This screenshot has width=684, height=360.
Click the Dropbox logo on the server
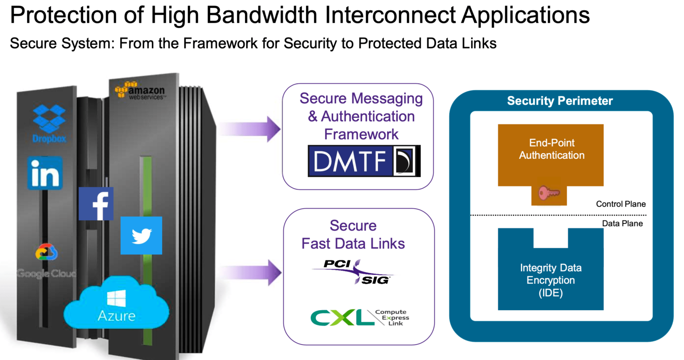49,123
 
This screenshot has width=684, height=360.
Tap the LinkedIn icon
45,173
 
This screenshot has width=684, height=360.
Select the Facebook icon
96,204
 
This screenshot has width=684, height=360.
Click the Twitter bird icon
141,235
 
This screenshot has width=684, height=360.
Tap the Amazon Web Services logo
140,90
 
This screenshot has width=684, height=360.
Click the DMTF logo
364,161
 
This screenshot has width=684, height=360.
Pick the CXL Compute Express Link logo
359,318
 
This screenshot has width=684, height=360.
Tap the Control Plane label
621,204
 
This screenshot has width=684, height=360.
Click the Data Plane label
622,223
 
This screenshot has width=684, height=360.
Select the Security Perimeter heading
560,101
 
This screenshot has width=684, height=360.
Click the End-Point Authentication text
551,149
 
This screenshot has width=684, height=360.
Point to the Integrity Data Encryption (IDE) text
550,280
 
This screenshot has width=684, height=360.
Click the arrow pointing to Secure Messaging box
251,129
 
